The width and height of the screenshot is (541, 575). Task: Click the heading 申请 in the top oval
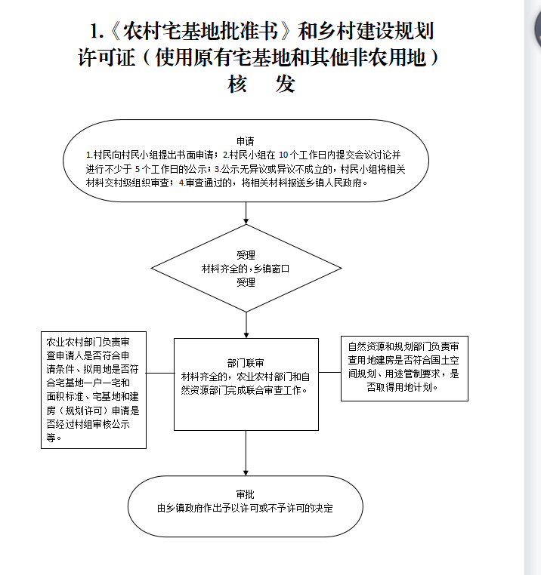pyautogui.click(x=246, y=141)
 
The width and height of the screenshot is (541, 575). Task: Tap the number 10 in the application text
pyautogui.click(x=283, y=155)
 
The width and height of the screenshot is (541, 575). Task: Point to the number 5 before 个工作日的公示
pyautogui.click(x=138, y=169)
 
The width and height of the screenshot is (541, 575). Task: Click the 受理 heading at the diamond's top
pyautogui.click(x=246, y=255)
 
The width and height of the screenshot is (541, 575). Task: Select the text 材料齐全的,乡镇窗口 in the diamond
pyautogui.click(x=246, y=269)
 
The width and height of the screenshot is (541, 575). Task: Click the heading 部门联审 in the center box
pyautogui.click(x=246, y=363)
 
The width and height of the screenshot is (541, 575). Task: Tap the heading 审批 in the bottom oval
pyautogui.click(x=246, y=494)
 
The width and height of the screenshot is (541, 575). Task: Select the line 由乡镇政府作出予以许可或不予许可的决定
pyautogui.click(x=245, y=509)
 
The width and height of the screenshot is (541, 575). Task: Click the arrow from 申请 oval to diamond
pyautogui.click(x=246, y=213)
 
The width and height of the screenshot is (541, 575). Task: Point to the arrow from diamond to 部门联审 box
pyautogui.click(x=246, y=325)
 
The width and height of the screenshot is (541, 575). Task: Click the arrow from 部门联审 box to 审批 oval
pyautogui.click(x=246, y=454)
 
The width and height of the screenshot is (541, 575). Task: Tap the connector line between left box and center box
pyautogui.click(x=160, y=373)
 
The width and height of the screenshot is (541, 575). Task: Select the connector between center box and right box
pyautogui.click(x=330, y=372)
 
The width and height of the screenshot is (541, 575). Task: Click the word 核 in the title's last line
pyautogui.click(x=237, y=84)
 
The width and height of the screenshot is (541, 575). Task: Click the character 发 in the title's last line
pyautogui.click(x=286, y=84)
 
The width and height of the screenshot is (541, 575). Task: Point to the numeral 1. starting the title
pyautogui.click(x=97, y=31)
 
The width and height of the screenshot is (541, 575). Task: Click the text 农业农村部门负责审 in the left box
pyautogui.click(x=88, y=342)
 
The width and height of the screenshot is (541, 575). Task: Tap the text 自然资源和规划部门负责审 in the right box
pyautogui.click(x=403, y=346)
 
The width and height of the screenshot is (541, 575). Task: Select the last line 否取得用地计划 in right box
pyautogui.click(x=403, y=387)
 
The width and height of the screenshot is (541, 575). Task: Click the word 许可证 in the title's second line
pyautogui.click(x=107, y=58)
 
